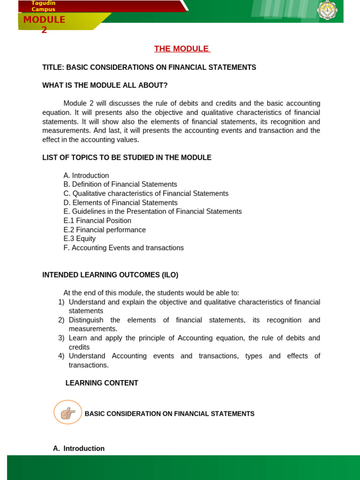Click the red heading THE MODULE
coord(182,49)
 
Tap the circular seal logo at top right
coord(327,10)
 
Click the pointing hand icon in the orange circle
coord(68,412)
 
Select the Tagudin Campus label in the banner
coord(43,6)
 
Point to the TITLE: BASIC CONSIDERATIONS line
coord(149,67)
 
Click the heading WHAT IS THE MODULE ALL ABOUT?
coord(105,85)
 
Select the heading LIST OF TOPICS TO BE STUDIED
coord(127,157)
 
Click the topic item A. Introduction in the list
coord(86,176)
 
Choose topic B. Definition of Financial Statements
coord(120,185)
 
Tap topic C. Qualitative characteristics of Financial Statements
coord(146,194)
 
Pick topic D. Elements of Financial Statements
coord(120,202)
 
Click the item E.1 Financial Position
coord(97,221)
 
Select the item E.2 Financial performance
coord(105,230)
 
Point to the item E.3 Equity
coord(80,239)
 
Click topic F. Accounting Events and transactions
coord(124,248)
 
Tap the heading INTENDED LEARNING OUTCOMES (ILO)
coord(110,275)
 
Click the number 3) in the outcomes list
coord(61,338)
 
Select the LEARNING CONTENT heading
coord(102,383)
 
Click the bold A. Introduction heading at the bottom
coord(79,449)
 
